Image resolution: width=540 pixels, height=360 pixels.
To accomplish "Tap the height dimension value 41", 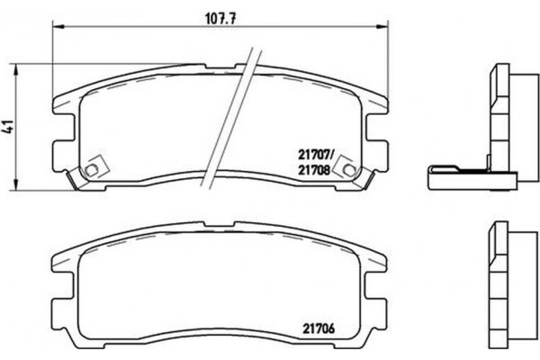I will coord(10,126).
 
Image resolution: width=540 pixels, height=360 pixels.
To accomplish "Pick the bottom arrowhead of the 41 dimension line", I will coord(22,189).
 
